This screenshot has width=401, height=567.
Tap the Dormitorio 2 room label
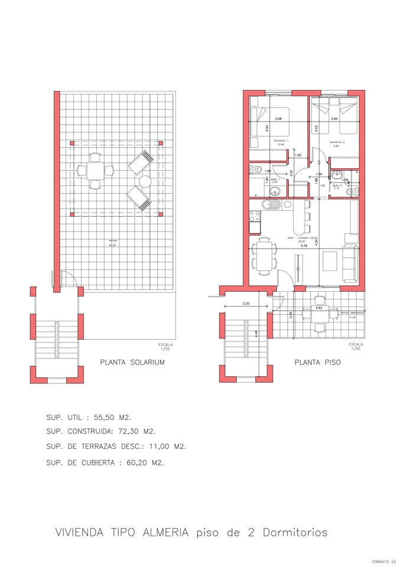tap(337, 142)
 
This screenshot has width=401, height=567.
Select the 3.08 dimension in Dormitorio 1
tap(279, 119)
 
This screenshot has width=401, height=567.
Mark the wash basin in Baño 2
tap(337, 174)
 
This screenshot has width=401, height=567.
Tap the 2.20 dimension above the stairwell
tap(246, 304)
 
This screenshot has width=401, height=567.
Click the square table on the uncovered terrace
tap(320, 312)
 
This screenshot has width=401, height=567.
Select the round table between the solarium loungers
tap(145, 181)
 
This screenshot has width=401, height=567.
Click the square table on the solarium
tap(94, 172)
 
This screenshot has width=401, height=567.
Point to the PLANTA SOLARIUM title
tap(132, 363)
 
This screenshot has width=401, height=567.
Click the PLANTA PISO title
tap(317, 363)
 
